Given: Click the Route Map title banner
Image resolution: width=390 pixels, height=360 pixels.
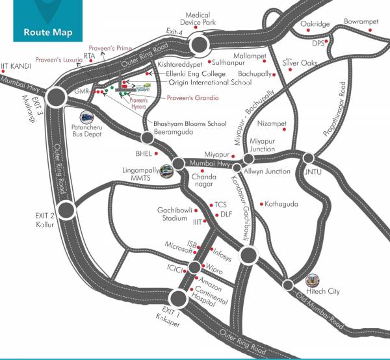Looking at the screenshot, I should [47, 31].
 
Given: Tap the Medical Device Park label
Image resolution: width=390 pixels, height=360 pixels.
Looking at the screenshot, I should [200, 18].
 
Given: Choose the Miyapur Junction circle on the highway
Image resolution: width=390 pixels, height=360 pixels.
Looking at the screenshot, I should [248, 159].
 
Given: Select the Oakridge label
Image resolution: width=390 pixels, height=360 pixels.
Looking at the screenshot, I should [316, 24].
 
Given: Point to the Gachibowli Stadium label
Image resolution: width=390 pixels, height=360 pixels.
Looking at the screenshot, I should [172, 214].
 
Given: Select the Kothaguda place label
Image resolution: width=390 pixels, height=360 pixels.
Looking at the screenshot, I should [281, 204].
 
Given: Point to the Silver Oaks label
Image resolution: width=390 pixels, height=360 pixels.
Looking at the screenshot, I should [300, 62].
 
